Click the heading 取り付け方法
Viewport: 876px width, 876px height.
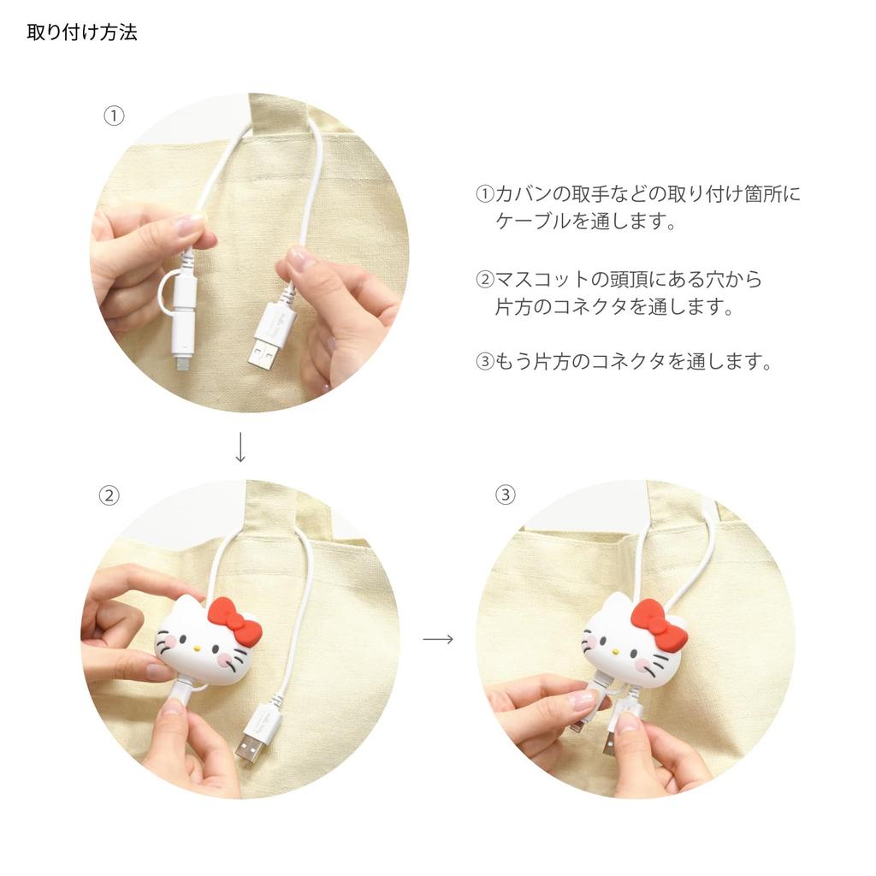82,33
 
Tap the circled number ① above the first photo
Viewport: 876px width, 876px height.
114,115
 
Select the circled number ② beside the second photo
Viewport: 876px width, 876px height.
109,495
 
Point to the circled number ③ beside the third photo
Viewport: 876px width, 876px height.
506,494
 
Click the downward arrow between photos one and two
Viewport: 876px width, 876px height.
240,447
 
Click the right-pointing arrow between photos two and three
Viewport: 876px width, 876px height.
438,639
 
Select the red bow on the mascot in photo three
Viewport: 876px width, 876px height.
658,624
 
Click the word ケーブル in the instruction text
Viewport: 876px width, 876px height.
533,222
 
